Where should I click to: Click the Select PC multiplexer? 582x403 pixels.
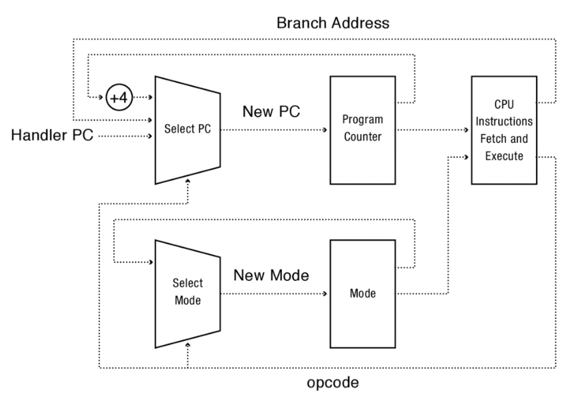(187, 129)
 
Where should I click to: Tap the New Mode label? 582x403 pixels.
(271, 275)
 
